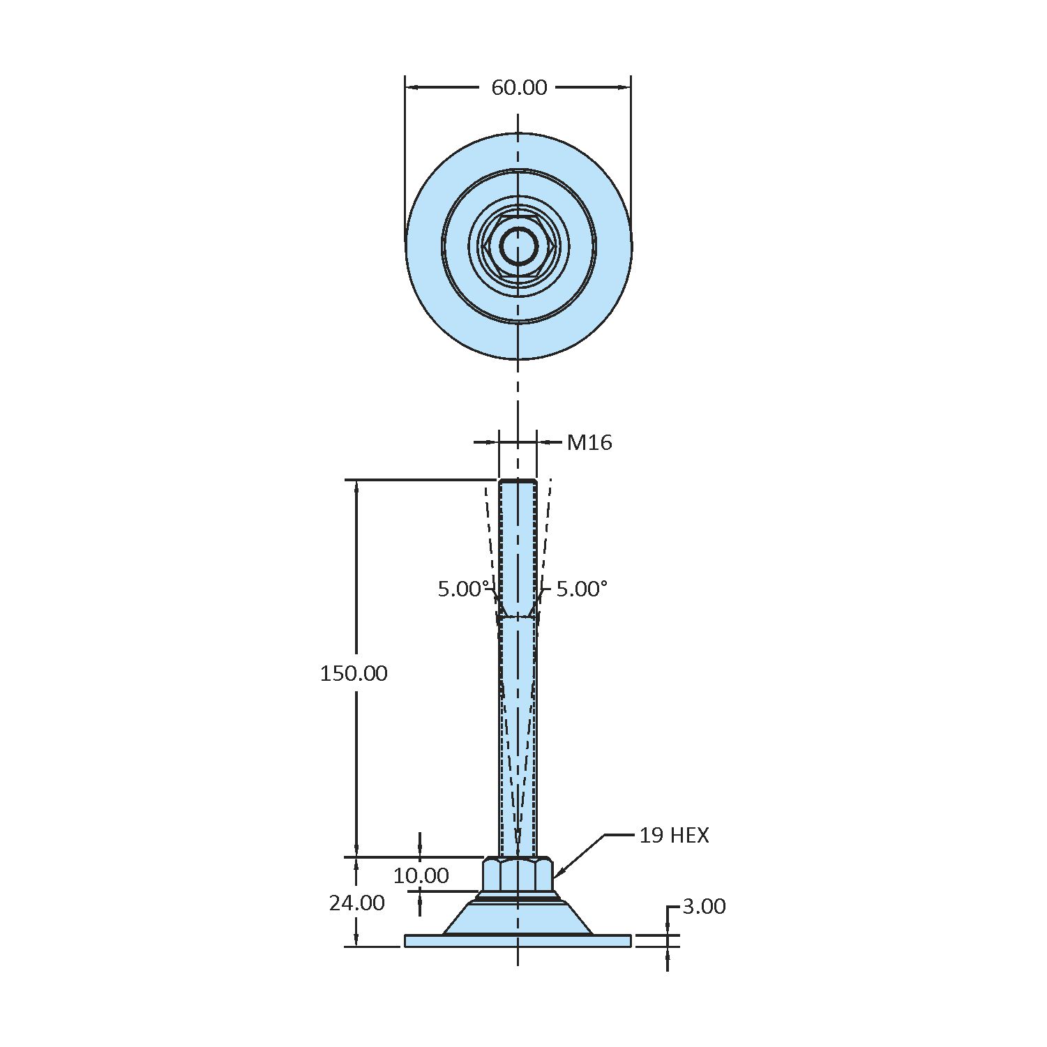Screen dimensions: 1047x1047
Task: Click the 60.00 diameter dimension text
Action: coord(519,87)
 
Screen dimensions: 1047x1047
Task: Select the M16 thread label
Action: coord(589,442)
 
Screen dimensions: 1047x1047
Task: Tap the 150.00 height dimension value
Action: coord(354,673)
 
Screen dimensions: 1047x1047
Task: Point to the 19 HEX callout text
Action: coord(674,835)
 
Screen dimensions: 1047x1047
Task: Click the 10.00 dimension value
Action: coord(421,875)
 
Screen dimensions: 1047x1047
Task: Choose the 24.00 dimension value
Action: coord(357,903)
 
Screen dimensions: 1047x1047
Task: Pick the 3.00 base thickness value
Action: coord(704,906)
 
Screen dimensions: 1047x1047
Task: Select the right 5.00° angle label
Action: coord(582,589)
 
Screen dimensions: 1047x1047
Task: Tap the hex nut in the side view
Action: coord(518,875)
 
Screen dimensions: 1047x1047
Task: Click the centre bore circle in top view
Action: coord(518,246)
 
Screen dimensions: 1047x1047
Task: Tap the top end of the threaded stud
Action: coord(518,482)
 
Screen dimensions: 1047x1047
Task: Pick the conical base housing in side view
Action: coord(518,919)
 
